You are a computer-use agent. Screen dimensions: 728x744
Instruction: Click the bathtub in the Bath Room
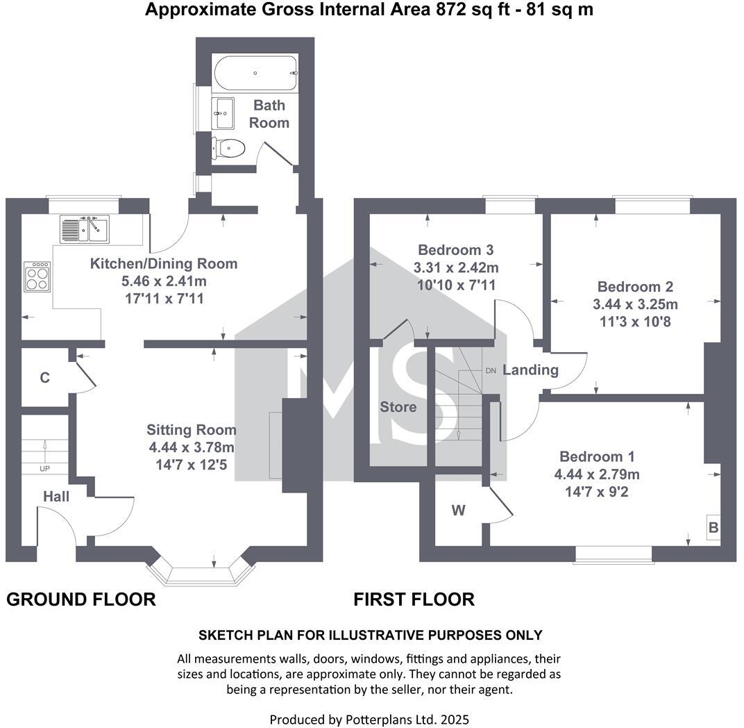pos(255,73)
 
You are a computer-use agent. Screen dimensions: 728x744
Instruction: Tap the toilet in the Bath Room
pos(229,148)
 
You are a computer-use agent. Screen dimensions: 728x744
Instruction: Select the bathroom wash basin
pos(223,112)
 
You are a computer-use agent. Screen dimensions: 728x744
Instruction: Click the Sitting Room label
pos(191,430)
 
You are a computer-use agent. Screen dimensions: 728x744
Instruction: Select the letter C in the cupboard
pos(44,378)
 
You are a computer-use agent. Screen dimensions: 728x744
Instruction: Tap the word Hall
pos(56,496)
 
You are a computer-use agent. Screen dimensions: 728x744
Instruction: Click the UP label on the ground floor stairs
pos(45,469)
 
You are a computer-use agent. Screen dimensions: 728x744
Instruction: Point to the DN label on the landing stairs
pos(490,371)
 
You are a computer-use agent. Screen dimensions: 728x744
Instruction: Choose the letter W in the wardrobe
pos(458,511)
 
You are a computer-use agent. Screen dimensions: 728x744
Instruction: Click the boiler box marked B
pos(713,528)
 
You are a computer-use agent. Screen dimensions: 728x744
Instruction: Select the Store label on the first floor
pos(398,406)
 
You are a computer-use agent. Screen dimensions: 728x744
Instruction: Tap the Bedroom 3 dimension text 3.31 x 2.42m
pos(456,267)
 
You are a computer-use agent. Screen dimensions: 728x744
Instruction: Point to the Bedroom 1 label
pos(597,456)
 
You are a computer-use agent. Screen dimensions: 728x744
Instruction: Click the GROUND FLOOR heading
pos(81,599)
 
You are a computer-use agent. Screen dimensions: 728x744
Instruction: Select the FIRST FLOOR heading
pos(414,599)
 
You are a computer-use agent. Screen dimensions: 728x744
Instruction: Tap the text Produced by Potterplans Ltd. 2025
pos(369,719)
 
